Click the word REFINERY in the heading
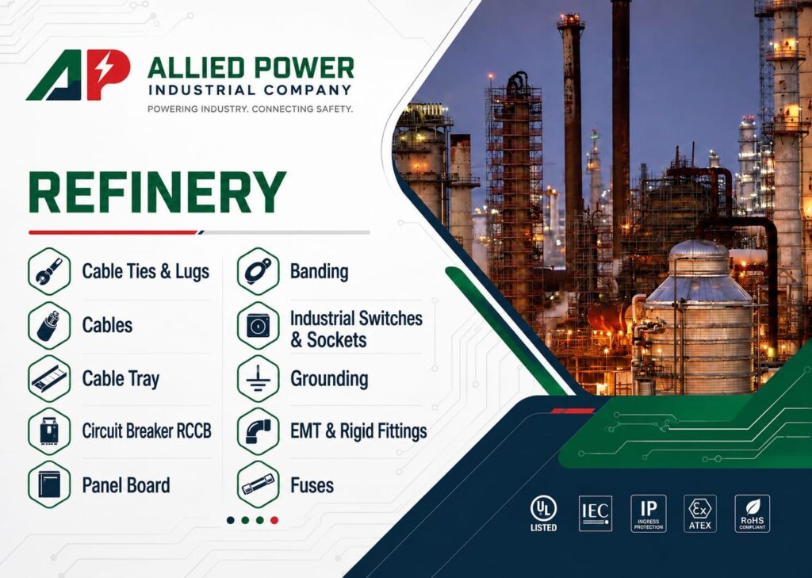click(x=158, y=192)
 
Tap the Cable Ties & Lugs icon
click(x=49, y=271)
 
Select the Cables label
click(x=107, y=325)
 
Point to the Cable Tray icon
click(x=49, y=379)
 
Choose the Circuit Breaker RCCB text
click(x=147, y=431)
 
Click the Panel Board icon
click(x=49, y=484)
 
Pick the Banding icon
click(x=259, y=271)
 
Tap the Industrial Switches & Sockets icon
click(x=259, y=326)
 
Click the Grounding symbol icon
click(x=259, y=379)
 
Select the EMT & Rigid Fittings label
click(x=358, y=431)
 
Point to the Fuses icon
click(x=259, y=484)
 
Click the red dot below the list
click(x=274, y=520)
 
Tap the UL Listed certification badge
click(x=543, y=513)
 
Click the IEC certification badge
click(x=596, y=513)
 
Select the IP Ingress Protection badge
click(x=649, y=513)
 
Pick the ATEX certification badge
click(x=700, y=513)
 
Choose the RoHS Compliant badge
click(x=753, y=513)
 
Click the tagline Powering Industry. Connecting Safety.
click(x=250, y=109)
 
